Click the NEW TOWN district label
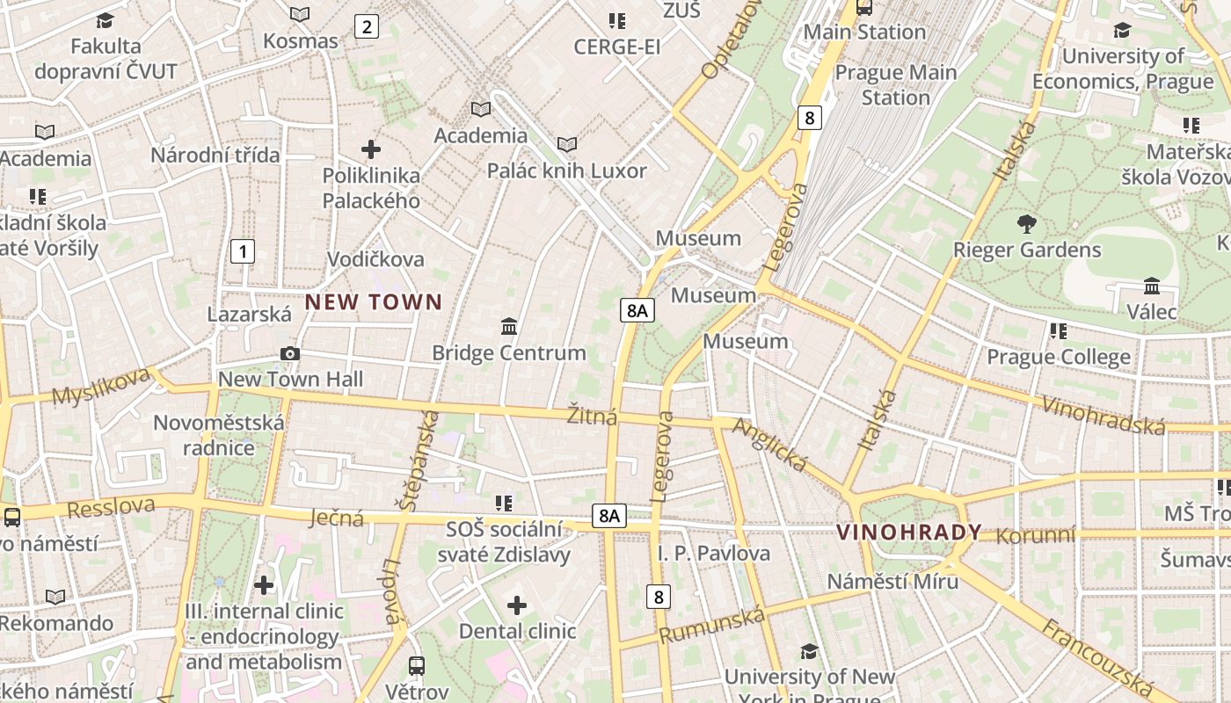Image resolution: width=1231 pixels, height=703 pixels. [374, 302]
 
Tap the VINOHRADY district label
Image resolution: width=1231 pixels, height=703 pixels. [909, 533]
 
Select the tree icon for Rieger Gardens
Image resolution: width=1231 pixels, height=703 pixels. [1025, 223]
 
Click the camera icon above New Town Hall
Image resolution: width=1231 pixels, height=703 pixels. [289, 354]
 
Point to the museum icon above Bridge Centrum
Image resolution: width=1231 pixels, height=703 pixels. [508, 327]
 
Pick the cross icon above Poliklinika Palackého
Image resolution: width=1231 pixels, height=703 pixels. [371, 149]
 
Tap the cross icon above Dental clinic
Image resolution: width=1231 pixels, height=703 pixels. [517, 605]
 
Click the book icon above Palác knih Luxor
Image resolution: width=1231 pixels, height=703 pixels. [567, 144]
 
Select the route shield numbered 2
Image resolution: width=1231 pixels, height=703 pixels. [366, 26]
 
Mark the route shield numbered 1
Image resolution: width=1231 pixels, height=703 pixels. [242, 251]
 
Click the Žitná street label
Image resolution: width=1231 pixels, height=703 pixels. [592, 416]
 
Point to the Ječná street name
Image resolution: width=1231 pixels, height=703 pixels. [337, 518]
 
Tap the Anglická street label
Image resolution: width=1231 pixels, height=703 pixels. [769, 445]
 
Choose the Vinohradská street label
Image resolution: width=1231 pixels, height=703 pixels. [1103, 415]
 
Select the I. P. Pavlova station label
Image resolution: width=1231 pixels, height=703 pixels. [713, 554]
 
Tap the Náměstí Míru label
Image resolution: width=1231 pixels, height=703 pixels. [892, 582]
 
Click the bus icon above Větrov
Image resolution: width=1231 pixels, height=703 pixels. [417, 666]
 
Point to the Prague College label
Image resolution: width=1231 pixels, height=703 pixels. [1058, 357]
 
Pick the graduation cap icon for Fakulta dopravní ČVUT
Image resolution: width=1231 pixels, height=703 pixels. [106, 20]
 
